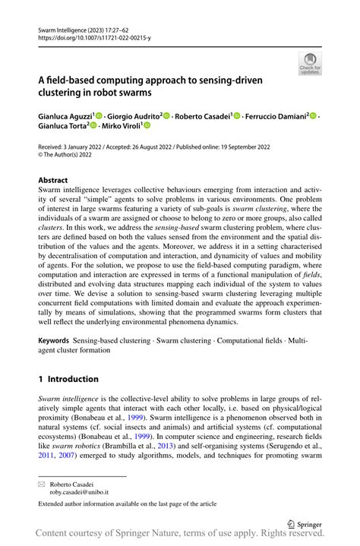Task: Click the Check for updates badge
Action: click(310, 64)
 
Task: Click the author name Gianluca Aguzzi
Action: click(67, 116)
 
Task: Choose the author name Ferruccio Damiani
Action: click(279, 116)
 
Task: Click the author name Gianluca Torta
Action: click(63, 126)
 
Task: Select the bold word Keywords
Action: click(58, 342)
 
